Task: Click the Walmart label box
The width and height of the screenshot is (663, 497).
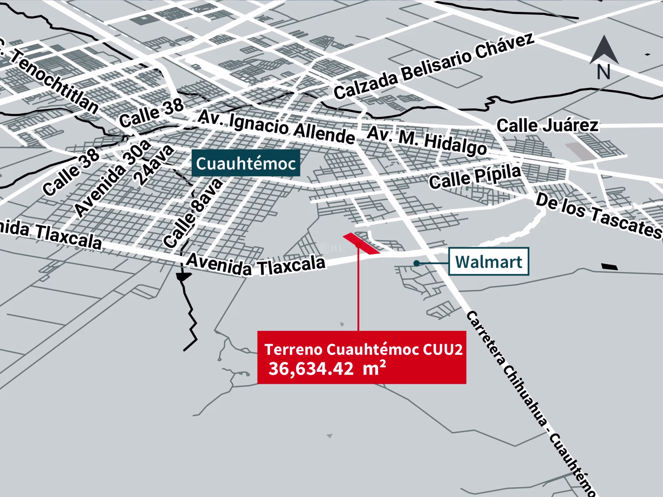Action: [489, 261]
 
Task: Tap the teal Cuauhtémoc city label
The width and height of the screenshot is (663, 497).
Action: [246, 163]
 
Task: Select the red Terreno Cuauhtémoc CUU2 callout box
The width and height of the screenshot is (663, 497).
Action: [362, 357]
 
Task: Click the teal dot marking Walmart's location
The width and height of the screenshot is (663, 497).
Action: [416, 263]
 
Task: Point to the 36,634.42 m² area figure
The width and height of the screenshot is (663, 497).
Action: [327, 368]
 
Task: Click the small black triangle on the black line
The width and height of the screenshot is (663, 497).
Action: [183, 276]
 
